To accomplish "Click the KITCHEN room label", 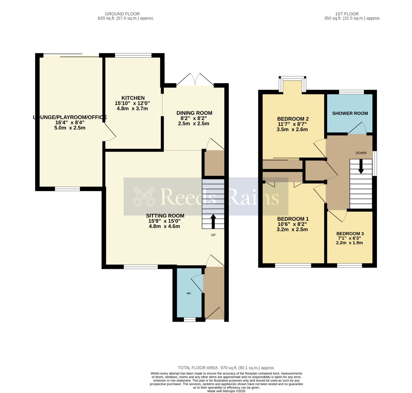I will (x=133, y=98).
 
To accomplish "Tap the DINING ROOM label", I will (x=194, y=113).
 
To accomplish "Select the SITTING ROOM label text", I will (x=165, y=216).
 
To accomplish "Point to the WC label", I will (x=189, y=293).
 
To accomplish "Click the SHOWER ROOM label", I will (x=350, y=113).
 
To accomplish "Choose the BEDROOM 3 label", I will (x=350, y=234).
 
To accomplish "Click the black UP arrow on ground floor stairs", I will (x=213, y=221).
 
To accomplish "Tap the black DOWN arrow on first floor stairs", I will (x=361, y=166).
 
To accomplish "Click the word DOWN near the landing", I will (x=361, y=153).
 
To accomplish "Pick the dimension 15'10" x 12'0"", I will (x=132, y=103).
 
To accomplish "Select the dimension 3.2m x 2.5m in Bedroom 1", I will (x=292, y=229).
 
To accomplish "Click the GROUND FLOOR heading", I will (x=122, y=14).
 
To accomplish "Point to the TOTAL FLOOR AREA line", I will (x=226, y=368).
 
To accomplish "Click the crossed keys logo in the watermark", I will (x=144, y=196).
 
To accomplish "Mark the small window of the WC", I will (x=190, y=320).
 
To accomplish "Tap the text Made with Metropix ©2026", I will (x=226, y=391).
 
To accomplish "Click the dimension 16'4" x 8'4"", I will (x=70, y=123).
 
